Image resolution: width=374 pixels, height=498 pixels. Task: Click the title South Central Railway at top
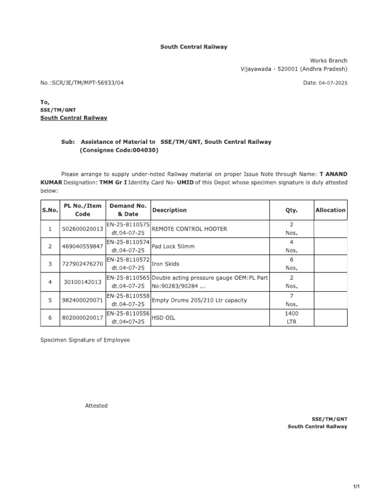194,47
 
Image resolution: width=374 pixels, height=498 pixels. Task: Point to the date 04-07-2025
333,83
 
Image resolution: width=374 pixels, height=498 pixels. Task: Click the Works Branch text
329,61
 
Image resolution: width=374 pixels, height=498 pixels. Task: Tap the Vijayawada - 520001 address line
294,69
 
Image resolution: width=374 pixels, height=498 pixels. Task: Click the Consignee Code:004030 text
119,150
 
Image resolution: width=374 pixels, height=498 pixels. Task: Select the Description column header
169,210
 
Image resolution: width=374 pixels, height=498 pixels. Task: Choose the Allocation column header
330,210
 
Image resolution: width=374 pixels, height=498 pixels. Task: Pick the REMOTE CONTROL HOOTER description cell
189,229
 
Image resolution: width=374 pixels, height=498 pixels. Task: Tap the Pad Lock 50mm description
173,247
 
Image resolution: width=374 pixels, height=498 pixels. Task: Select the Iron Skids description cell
166,264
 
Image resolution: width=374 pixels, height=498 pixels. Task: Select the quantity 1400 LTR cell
291,318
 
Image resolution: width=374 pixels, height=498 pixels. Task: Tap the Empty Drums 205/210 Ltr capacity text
200,300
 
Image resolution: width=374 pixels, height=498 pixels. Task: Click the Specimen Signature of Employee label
85,340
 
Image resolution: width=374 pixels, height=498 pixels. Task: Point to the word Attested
96,406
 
